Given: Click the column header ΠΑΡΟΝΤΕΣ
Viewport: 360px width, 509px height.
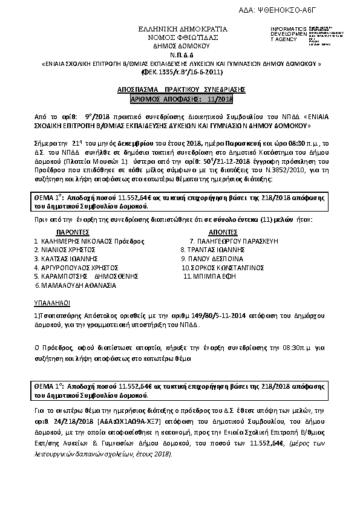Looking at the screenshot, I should pyautogui.click(x=73, y=232).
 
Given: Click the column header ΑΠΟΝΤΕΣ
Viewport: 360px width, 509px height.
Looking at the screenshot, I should pyautogui.click(x=221, y=232).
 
